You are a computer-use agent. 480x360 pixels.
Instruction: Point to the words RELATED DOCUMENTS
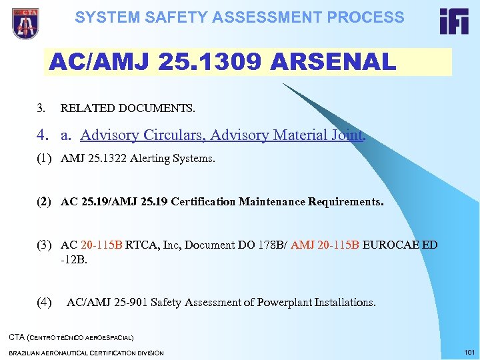117,107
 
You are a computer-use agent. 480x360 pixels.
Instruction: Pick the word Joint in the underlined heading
345,135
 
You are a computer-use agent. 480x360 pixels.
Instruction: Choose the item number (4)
45,302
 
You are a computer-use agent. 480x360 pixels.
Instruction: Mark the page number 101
468,351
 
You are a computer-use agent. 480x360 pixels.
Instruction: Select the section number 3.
41,107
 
